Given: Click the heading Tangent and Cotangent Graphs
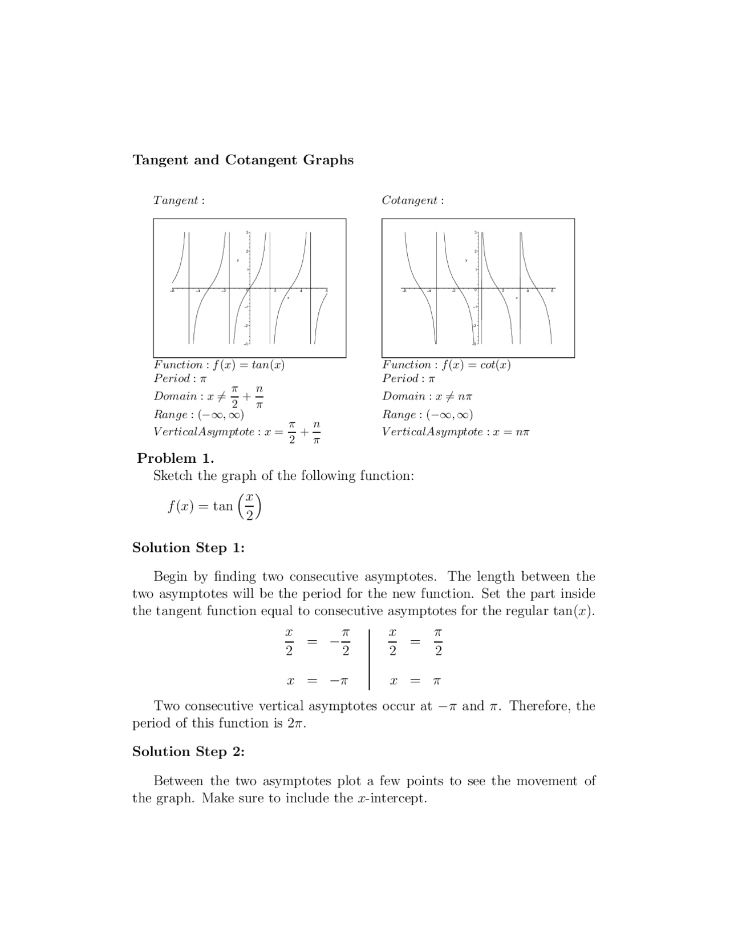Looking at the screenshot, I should point(243,160).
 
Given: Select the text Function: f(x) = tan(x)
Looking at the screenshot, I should point(219,365).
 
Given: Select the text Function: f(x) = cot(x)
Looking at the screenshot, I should point(447,365).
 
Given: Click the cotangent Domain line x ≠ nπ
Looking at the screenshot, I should point(428,397).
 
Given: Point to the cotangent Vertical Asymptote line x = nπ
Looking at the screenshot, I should point(456,432).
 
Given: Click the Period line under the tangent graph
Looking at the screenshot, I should point(180,379).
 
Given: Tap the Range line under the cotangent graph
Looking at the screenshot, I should point(428,415).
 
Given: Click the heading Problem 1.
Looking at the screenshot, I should point(176,459).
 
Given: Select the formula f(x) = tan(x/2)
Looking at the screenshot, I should point(214,507).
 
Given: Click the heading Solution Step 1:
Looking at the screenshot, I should point(188,548).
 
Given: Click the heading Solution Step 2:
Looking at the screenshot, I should point(188,752).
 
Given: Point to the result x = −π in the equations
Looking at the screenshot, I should point(317,681).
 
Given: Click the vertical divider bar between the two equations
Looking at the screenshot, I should point(370,659).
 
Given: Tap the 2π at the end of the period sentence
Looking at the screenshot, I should point(295,724).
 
